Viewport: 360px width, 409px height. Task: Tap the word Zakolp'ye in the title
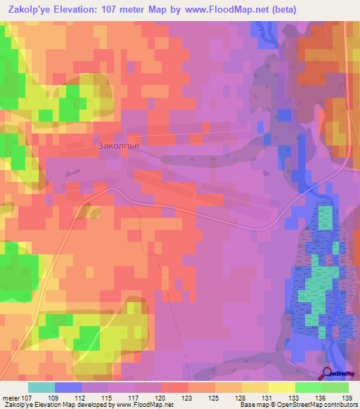click(x=27, y=10)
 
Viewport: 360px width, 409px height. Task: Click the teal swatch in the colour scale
click(x=41, y=387)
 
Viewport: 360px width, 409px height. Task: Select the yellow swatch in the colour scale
click(x=281, y=387)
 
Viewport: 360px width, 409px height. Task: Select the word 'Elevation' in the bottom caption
click(x=44, y=405)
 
